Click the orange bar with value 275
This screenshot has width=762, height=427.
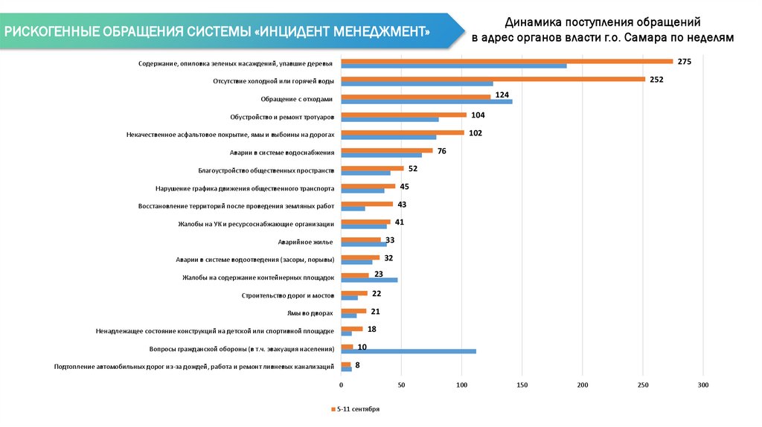(506, 61)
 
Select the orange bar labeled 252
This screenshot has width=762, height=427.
(493, 79)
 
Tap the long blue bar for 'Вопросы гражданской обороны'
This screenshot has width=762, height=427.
(408, 351)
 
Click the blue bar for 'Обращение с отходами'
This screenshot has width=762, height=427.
(426, 101)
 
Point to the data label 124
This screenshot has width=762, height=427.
(502, 95)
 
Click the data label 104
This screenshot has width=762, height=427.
(478, 115)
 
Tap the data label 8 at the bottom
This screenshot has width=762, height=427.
(358, 365)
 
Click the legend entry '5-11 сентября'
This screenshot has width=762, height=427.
(358, 409)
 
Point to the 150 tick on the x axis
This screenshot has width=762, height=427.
(522, 385)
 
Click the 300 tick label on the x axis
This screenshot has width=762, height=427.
(703, 385)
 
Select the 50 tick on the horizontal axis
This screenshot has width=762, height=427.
(401, 385)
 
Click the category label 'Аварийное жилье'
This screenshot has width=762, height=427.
(305, 242)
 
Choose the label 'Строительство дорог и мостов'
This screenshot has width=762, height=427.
(287, 295)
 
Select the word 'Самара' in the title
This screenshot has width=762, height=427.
(648, 37)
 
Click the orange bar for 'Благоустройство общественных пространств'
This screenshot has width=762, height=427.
(372, 168)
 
